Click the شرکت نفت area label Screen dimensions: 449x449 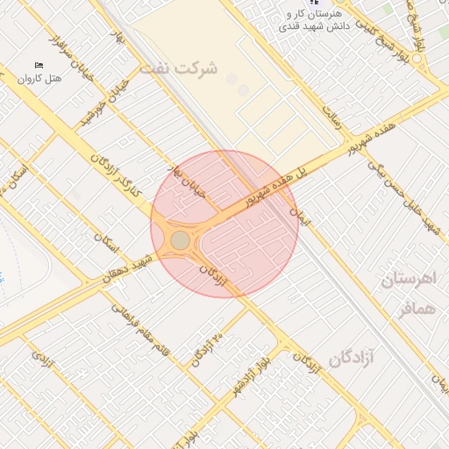point(183,68)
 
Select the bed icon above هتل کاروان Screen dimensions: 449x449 point(38,66)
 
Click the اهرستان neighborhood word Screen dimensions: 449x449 point(409,281)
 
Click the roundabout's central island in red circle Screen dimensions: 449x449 point(180,239)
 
